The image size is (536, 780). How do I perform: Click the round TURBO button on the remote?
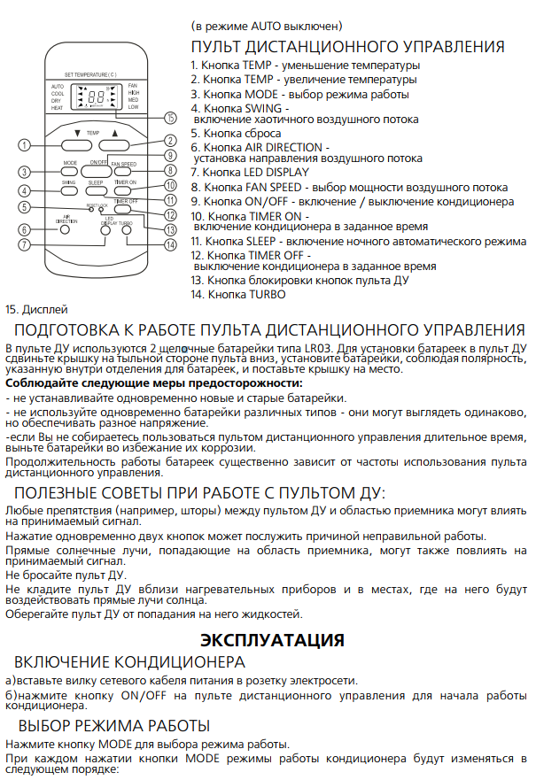tap(127, 229)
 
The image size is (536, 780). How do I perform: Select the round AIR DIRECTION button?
tap(65, 229)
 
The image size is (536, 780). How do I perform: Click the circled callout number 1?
tap(24, 145)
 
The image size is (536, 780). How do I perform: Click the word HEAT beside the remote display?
tap(57, 108)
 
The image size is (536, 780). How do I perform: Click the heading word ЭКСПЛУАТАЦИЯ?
tap(271, 638)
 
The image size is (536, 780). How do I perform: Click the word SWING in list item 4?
tap(256, 107)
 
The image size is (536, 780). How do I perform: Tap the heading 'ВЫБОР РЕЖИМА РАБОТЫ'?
tap(112, 726)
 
